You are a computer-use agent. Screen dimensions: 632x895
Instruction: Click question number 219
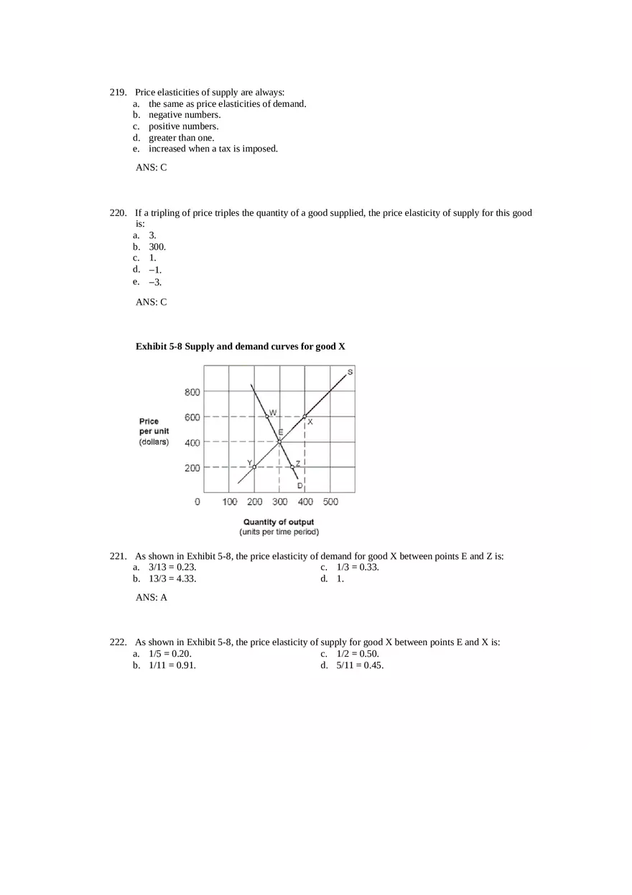(118, 93)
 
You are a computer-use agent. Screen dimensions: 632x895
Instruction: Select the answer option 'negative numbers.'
(185, 115)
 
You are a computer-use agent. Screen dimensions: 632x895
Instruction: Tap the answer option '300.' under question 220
(157, 247)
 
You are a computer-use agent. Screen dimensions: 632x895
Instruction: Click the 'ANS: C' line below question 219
(151, 167)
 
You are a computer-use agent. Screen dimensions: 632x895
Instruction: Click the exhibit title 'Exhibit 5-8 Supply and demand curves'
(241, 347)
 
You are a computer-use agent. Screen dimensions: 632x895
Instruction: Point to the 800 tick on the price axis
(192, 392)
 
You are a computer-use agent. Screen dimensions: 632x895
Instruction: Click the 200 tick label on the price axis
(192, 468)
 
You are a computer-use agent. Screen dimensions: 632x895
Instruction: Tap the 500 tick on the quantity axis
(330, 502)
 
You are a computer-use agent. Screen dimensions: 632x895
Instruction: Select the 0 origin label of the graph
(197, 502)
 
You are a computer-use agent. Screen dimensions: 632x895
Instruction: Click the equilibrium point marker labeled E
(279, 441)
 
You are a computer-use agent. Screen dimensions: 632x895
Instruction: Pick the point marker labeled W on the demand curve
(267, 416)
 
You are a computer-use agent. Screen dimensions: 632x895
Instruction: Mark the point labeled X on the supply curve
(305, 416)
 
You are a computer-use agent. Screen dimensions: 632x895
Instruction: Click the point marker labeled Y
(254, 467)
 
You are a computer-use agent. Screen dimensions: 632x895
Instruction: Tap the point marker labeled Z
(292, 467)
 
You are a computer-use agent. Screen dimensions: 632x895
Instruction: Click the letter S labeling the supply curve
(350, 371)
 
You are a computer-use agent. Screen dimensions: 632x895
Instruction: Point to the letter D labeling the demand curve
(299, 486)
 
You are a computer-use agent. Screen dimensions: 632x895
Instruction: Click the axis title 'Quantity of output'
(279, 522)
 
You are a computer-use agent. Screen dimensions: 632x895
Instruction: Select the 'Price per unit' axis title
(154, 426)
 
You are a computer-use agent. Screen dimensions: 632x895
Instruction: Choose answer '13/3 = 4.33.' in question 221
(172, 579)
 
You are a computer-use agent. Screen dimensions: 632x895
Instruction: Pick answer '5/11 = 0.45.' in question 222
(360, 665)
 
